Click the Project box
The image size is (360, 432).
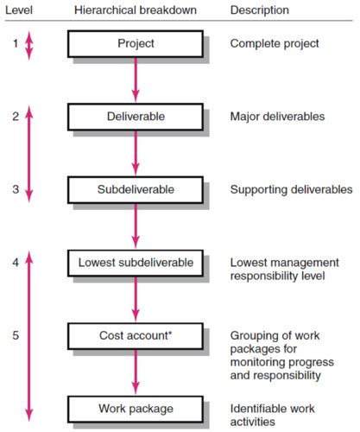pyautogui.click(x=136, y=44)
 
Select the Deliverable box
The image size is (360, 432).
pyautogui.click(x=136, y=117)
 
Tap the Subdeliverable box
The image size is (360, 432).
pyautogui.click(x=136, y=190)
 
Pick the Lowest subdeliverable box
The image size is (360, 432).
pyautogui.click(x=136, y=263)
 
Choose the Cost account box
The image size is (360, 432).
pyautogui.click(x=136, y=336)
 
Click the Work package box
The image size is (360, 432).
pyautogui.click(x=136, y=410)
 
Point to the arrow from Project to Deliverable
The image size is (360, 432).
pyautogui.click(x=136, y=80)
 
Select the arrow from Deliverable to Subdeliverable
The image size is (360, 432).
pyautogui.click(x=136, y=153)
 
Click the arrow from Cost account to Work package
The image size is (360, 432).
pyautogui.click(x=136, y=372)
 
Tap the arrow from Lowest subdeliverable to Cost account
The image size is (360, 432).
pyautogui.click(x=136, y=300)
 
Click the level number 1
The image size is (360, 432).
pyautogui.click(x=16, y=44)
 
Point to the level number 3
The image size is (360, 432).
pyautogui.click(x=16, y=189)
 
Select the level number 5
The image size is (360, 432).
pyautogui.click(x=16, y=335)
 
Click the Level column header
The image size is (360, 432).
pyautogui.click(x=19, y=10)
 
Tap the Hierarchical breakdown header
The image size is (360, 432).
pyautogui.click(x=136, y=10)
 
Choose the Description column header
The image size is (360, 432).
pyautogui.click(x=260, y=10)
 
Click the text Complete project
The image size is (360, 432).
pyautogui.click(x=275, y=44)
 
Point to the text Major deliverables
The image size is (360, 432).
pyautogui.click(x=277, y=117)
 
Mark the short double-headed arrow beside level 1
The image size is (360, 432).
pyautogui.click(x=28, y=46)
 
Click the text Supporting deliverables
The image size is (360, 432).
pyautogui.click(x=291, y=190)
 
